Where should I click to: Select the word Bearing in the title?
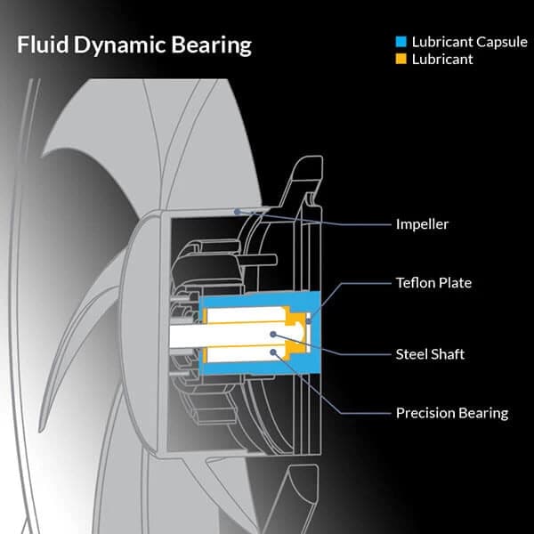coord(209,44)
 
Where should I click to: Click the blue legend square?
coord(402,42)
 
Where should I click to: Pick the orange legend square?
coord(402,59)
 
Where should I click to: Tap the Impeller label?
coord(422,224)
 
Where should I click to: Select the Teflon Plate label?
coord(433,283)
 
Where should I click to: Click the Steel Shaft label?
coord(430,354)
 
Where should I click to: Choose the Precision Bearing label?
coord(451,413)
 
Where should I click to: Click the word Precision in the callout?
coord(425,413)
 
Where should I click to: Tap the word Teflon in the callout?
coord(415,283)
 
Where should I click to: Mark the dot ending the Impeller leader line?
coord(236,211)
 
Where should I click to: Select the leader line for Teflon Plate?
coord(356,283)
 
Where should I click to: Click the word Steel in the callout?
coord(412,354)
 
